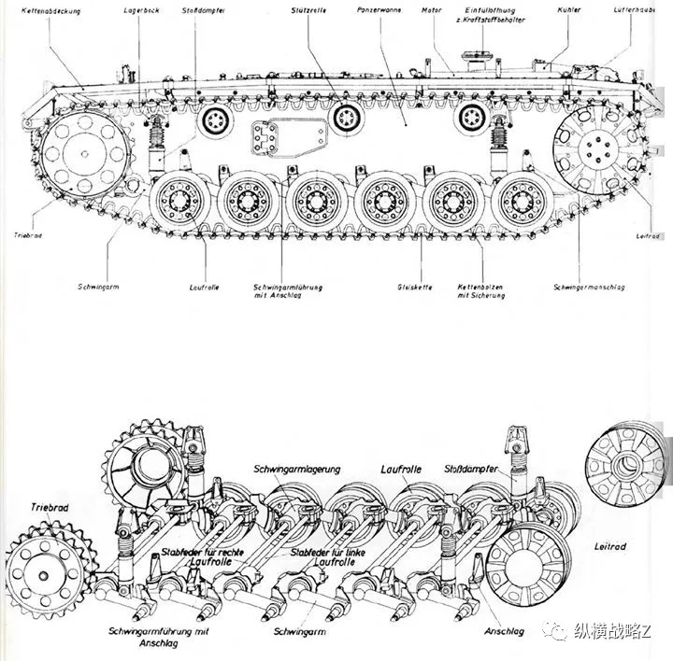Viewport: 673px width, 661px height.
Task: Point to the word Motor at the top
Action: point(431,10)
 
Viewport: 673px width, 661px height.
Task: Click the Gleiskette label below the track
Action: point(412,286)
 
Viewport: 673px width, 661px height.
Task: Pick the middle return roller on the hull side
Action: point(349,118)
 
